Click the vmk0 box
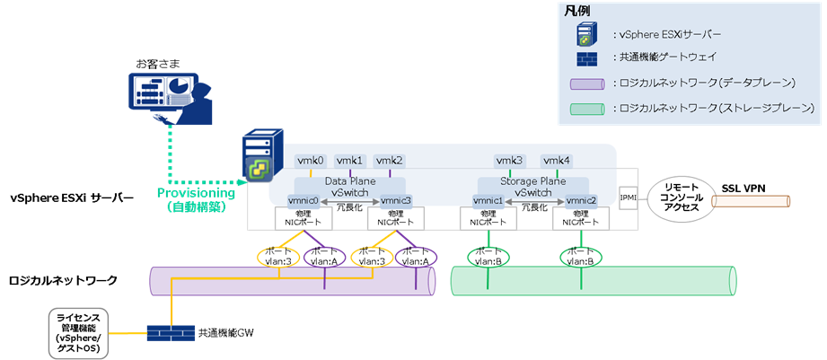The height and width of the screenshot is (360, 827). [x=311, y=161]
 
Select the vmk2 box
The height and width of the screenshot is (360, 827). [x=390, y=161]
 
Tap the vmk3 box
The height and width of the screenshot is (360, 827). [x=509, y=161]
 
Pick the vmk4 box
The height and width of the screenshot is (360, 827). [x=556, y=161]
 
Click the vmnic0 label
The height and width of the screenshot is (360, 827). [x=304, y=200]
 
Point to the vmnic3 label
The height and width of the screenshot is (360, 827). [x=396, y=200]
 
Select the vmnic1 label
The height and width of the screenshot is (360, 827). [x=488, y=200]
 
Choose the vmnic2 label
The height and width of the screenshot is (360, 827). [x=581, y=200]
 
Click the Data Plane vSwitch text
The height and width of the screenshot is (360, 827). [x=349, y=187]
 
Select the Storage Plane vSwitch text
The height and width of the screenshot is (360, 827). [x=533, y=187]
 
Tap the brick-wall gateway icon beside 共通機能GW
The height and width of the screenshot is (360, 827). [x=170, y=332]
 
